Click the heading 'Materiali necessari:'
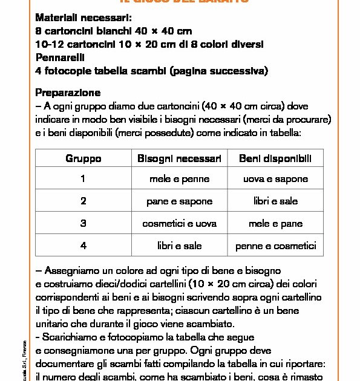coord(83,18)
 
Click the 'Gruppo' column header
coord(83,158)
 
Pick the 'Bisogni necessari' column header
coord(179,158)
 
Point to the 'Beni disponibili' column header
coord(275,158)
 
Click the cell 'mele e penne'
coord(179,180)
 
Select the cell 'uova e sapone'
coord(275,180)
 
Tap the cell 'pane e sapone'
coord(179,201)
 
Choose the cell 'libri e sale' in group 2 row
coord(275,201)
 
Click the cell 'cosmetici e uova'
coord(179,223)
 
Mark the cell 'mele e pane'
coord(275,223)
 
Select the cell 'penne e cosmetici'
coord(275,246)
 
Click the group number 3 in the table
coord(83,223)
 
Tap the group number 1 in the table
coord(83,180)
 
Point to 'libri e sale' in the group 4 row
coord(179,246)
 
